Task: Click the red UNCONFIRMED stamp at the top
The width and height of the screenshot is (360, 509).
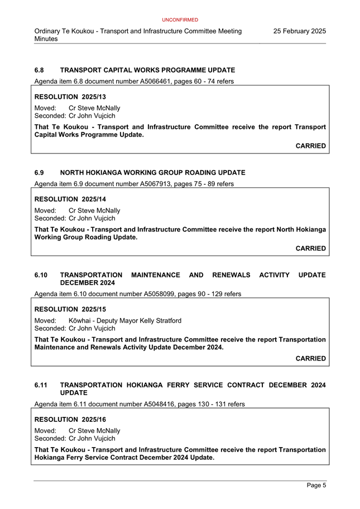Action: [x=180, y=20]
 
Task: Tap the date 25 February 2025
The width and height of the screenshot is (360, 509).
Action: [x=299, y=31]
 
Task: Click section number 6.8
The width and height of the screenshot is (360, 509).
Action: [x=39, y=70]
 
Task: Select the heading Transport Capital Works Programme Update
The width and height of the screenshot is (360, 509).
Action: [x=147, y=70]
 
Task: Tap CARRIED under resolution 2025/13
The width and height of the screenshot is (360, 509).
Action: [x=310, y=146]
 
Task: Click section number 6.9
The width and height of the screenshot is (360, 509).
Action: [x=39, y=173]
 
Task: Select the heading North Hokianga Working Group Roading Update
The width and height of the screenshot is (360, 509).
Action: [x=152, y=173]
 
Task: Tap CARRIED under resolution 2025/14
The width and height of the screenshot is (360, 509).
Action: [x=310, y=248]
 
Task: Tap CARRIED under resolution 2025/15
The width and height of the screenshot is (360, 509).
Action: [x=310, y=358]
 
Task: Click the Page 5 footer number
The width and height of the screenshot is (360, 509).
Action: [x=316, y=486]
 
